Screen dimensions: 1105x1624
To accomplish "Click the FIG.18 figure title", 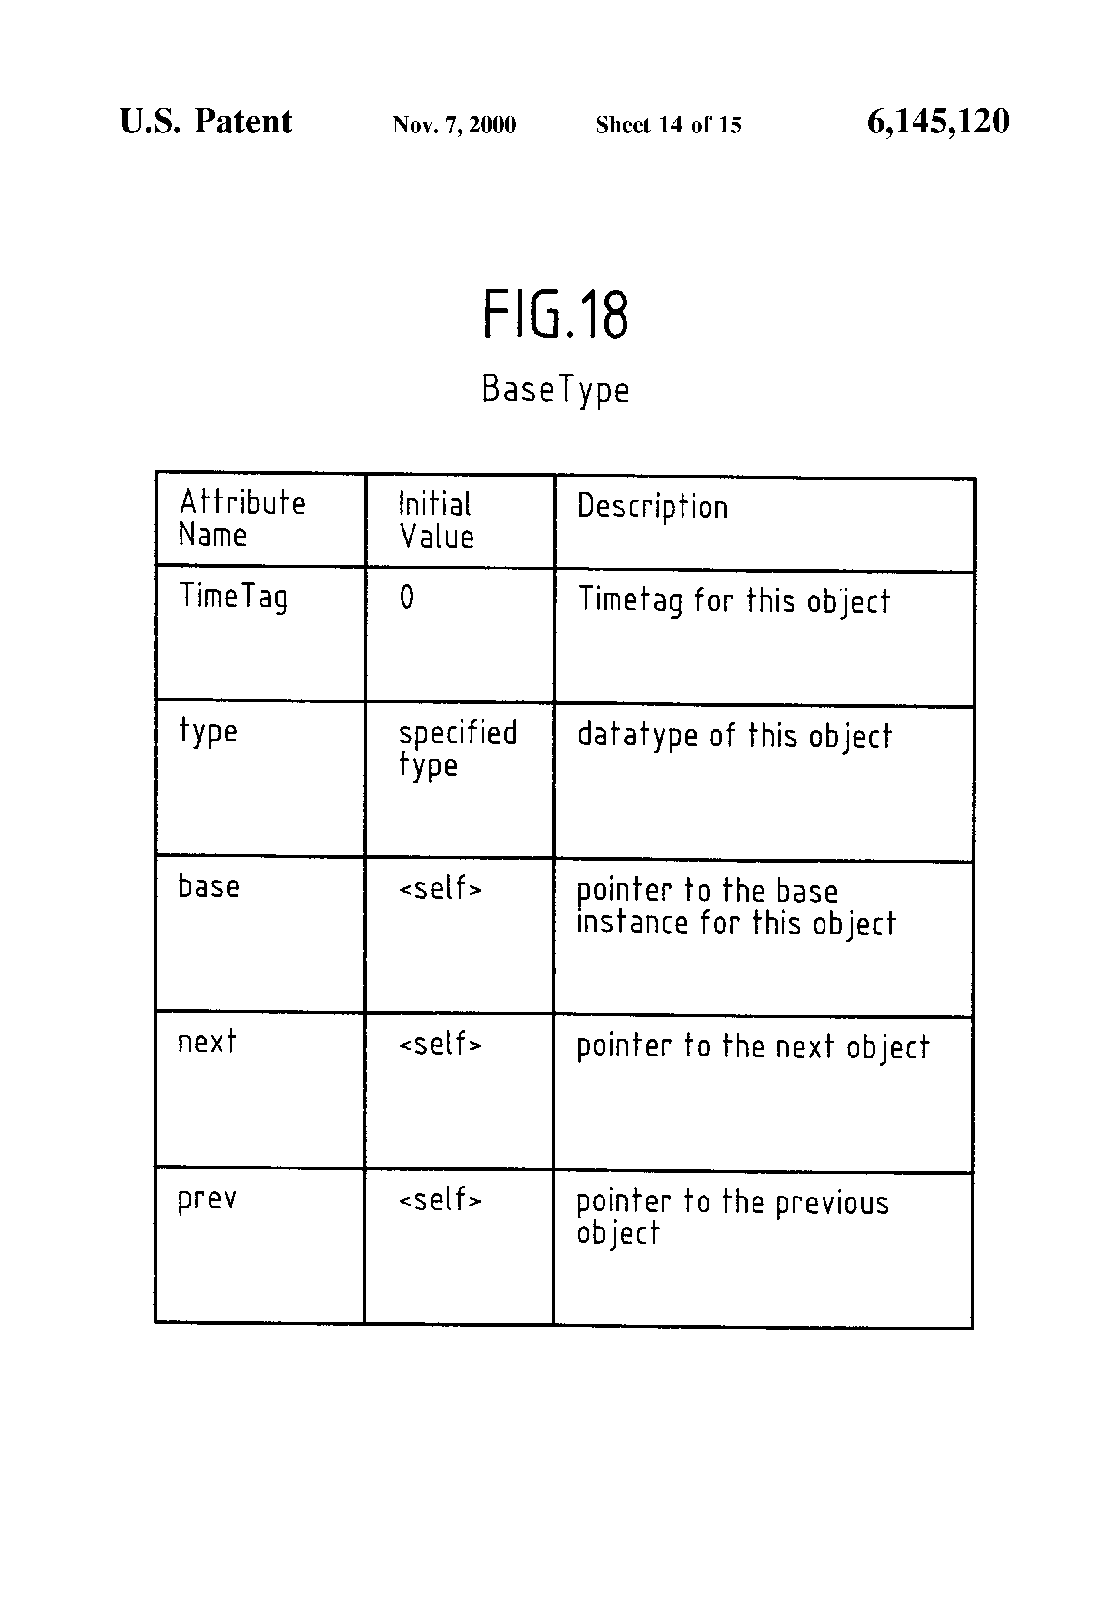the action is click(555, 315).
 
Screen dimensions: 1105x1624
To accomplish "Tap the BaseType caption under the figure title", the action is click(555, 390).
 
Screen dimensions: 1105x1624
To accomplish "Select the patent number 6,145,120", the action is click(938, 122).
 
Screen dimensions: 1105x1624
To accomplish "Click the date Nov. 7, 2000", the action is click(454, 124).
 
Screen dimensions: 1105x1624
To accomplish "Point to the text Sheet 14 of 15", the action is click(668, 124).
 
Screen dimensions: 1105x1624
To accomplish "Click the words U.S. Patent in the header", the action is click(206, 121).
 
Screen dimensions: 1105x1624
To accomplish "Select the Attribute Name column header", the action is click(241, 518).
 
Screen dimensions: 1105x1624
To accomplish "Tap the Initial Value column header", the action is click(436, 520).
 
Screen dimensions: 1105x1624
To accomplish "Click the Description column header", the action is click(653, 507).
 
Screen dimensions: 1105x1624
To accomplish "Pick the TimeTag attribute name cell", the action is click(233, 598).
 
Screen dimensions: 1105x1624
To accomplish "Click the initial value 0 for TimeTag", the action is click(407, 598).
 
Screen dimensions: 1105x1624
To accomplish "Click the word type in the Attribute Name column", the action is click(208, 731).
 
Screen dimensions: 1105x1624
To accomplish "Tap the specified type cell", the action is click(458, 749).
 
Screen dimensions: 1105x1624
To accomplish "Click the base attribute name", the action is click(209, 885).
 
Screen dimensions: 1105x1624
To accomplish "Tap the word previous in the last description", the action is click(832, 1203).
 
